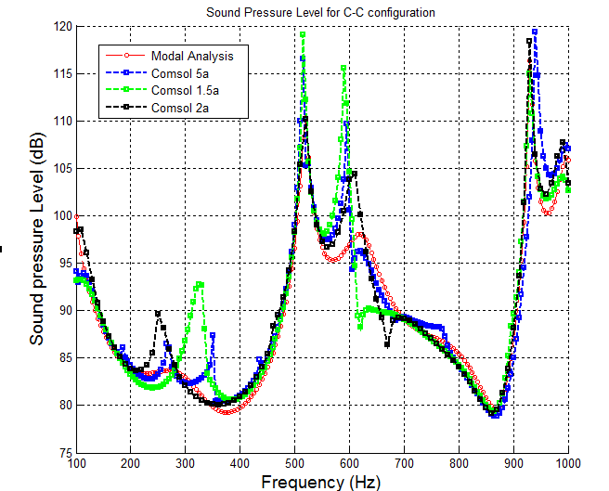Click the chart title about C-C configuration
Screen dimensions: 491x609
click(321, 11)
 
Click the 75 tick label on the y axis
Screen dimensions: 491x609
click(64, 452)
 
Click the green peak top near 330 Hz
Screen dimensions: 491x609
click(200, 284)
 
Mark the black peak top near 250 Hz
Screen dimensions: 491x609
click(158, 314)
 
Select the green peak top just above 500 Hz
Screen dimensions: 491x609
click(303, 34)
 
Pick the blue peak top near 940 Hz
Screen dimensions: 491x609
click(535, 32)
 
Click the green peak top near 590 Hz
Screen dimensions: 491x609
click(344, 67)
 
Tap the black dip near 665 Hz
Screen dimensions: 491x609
click(387, 344)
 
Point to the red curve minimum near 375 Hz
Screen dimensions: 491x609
click(227, 411)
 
